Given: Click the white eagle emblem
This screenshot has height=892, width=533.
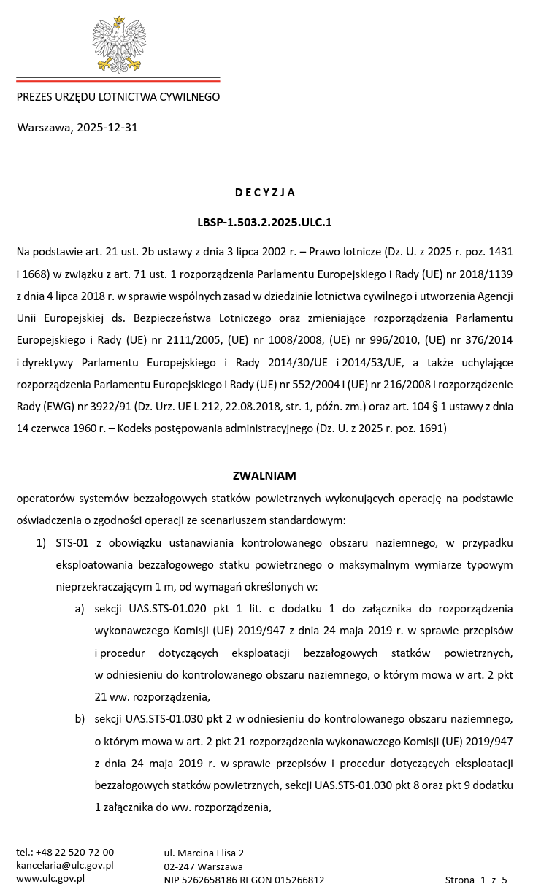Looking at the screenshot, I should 118,45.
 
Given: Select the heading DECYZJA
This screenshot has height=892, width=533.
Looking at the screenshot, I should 265,193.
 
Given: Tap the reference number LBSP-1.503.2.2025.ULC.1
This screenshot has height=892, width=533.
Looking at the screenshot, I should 264,222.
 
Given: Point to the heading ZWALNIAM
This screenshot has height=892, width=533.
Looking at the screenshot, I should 264,476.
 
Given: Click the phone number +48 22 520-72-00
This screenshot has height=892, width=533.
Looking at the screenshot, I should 74,853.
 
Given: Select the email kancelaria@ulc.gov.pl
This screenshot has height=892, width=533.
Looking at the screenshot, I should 65,866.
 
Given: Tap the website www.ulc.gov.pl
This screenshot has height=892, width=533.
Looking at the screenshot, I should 50,879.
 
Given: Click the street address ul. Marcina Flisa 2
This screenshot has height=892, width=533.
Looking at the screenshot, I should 204,853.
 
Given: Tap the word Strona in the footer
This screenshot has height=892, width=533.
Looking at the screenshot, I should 460,880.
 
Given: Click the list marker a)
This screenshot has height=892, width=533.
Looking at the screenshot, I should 80,609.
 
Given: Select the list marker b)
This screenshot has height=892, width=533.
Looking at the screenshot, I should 80,720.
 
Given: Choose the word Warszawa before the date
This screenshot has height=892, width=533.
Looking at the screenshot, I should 45,128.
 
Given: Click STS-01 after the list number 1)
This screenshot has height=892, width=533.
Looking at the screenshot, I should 72,543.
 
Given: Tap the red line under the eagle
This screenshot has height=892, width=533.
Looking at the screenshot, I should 118,80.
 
